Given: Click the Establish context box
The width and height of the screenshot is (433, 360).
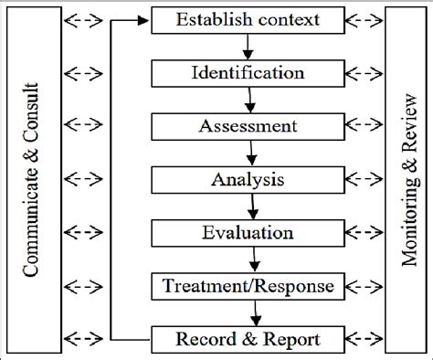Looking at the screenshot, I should click(x=249, y=18).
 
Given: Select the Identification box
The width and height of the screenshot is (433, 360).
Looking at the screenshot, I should click(x=249, y=71).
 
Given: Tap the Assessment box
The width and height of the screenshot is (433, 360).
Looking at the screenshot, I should click(x=249, y=125).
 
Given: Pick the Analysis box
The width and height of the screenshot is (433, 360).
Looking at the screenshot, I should click(x=249, y=179).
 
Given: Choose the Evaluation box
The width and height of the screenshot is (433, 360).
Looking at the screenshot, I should click(x=249, y=233).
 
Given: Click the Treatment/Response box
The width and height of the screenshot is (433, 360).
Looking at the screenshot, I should click(x=249, y=287).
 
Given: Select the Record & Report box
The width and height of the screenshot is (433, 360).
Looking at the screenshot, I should click(x=249, y=340).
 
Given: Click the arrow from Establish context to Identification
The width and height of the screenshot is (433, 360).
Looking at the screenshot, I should click(x=249, y=45).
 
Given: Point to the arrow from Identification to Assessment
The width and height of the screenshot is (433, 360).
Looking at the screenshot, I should click(x=249, y=99).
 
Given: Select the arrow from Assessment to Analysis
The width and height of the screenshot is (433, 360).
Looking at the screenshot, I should click(x=249, y=153).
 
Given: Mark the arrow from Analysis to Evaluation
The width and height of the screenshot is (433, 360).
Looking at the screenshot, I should click(x=249, y=206).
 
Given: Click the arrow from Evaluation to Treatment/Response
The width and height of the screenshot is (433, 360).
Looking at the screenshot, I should click(x=249, y=260).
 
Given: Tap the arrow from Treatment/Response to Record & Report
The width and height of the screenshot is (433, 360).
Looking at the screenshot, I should click(x=249, y=313).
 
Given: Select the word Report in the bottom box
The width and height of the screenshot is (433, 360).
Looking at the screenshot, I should click(x=291, y=340).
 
